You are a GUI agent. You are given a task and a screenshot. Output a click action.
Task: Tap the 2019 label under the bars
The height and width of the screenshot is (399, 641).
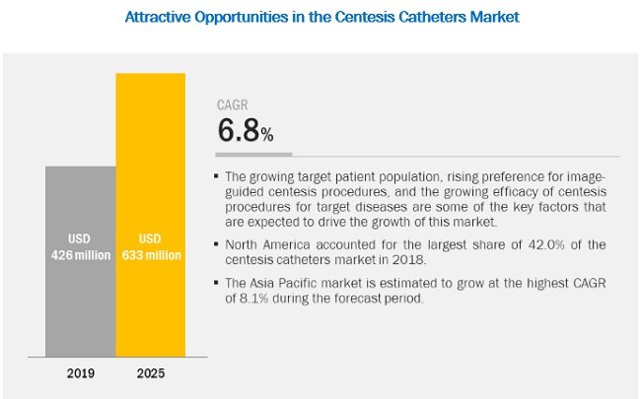click(x=80, y=373)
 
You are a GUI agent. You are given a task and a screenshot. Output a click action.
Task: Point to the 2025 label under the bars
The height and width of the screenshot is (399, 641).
click(x=150, y=373)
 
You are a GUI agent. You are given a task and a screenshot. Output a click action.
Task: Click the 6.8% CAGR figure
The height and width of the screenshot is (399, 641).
click(x=245, y=131)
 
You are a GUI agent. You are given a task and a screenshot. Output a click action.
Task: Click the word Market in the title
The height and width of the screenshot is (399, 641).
click(x=489, y=17)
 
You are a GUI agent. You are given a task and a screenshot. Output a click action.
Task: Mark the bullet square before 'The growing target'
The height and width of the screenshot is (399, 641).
click(x=217, y=176)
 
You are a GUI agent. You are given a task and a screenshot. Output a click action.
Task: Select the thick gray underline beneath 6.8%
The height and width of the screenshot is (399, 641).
click(x=253, y=154)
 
